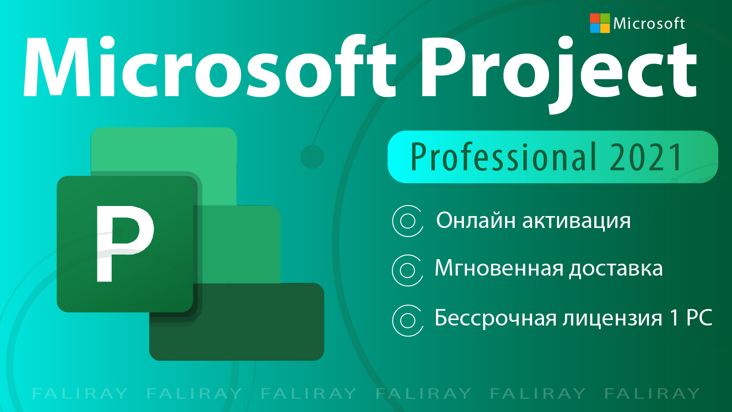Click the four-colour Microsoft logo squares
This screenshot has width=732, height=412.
[x=600, y=23]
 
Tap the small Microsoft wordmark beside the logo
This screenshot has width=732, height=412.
[x=649, y=23]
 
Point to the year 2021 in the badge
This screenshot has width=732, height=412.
[x=646, y=157]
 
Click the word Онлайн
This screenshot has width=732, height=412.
[x=477, y=220]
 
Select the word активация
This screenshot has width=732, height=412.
[x=576, y=222]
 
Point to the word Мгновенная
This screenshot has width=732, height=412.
[x=499, y=268]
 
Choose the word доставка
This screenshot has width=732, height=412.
[x=616, y=270]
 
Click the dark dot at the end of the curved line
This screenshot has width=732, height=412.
[x=312, y=157]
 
